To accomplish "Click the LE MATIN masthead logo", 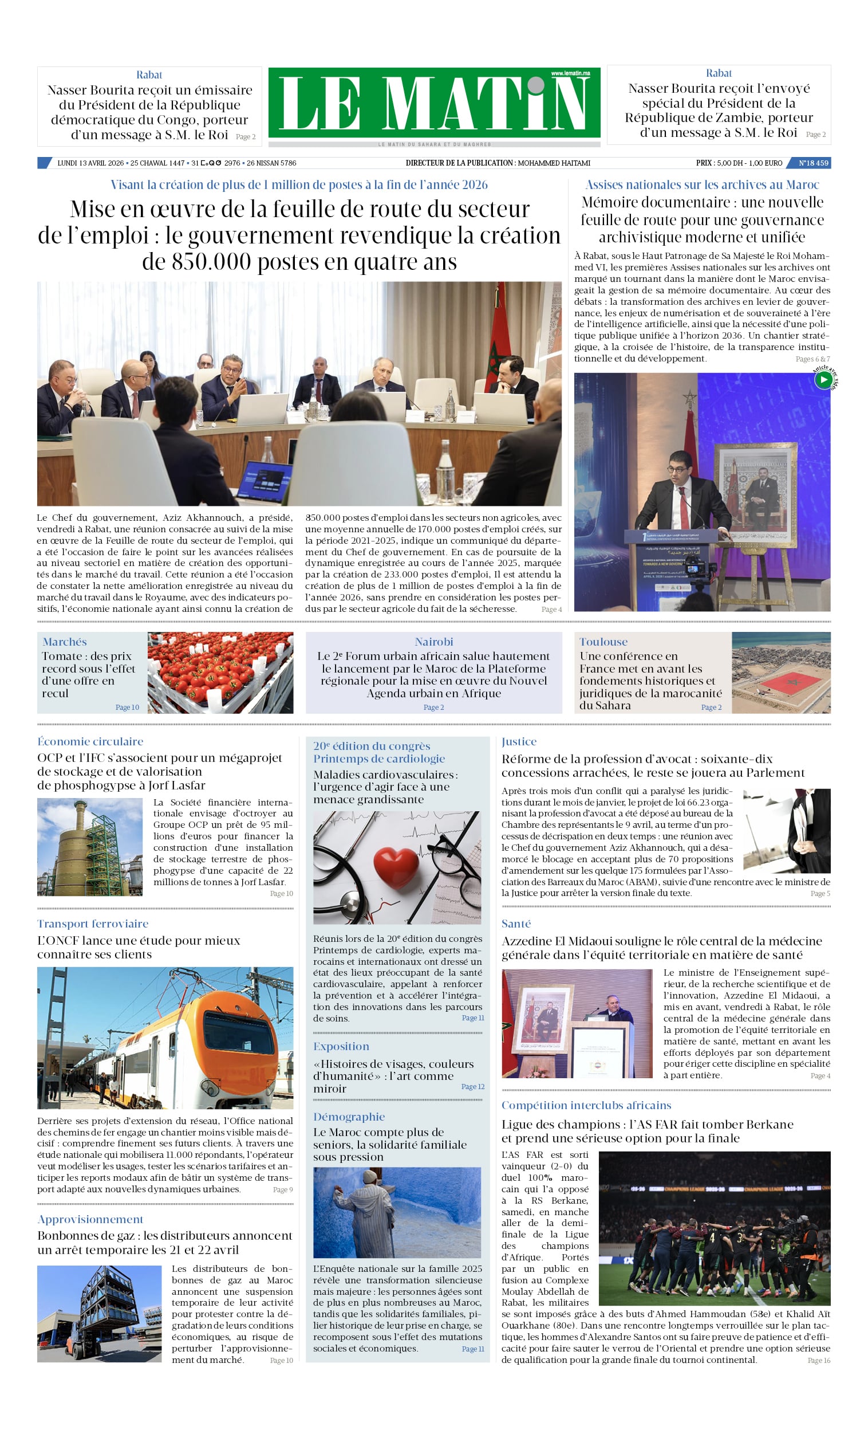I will tap(433, 103).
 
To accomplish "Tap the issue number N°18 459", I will tap(812, 163).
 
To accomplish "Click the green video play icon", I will tap(823, 380).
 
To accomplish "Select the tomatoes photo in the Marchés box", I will tap(220, 672).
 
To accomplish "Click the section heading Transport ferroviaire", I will tap(93, 924).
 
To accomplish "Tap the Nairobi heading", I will tap(433, 641).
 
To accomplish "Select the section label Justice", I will tap(519, 741).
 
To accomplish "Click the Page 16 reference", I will tap(819, 1360).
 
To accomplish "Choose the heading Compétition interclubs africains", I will tap(586, 1105).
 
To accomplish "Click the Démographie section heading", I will tap(349, 1116).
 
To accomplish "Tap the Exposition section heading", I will tap(341, 1046).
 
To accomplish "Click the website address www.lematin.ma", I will tap(570, 73).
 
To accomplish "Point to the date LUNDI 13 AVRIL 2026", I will tap(90, 163).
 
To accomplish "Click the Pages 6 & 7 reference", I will tap(812, 359).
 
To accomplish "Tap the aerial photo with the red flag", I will tap(781, 672).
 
